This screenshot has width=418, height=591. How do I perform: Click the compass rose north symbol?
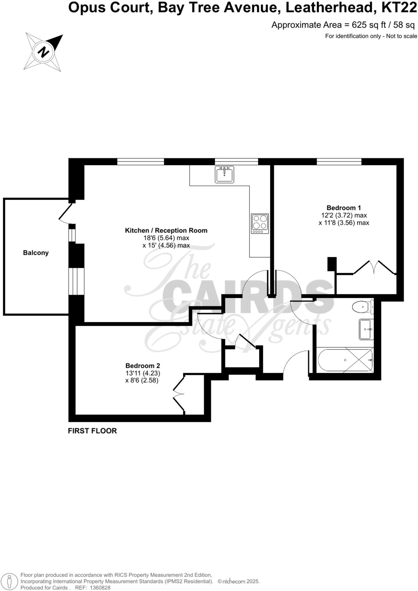[44, 52]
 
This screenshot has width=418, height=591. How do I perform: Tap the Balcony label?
[36, 253]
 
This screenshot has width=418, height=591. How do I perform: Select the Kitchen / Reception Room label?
[166, 230]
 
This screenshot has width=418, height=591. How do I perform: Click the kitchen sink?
[224, 174]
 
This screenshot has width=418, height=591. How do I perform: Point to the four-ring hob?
[260, 223]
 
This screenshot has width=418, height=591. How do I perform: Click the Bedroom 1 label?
[343, 208]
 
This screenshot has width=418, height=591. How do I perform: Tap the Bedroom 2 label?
[143, 366]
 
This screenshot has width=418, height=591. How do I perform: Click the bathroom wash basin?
[366, 329]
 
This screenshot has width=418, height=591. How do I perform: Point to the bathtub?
[345, 360]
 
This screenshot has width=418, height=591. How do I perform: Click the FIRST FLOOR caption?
[92, 431]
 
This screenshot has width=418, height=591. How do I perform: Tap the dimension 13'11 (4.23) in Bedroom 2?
[143, 373]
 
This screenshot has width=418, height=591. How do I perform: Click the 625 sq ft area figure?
[369, 25]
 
